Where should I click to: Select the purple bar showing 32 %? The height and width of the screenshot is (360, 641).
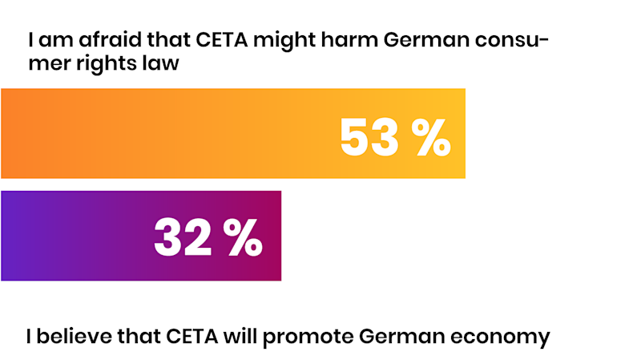click(x=80, y=236)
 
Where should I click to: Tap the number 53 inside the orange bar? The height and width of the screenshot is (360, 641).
click(x=369, y=137)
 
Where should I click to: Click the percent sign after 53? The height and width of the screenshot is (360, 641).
click(x=431, y=137)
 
